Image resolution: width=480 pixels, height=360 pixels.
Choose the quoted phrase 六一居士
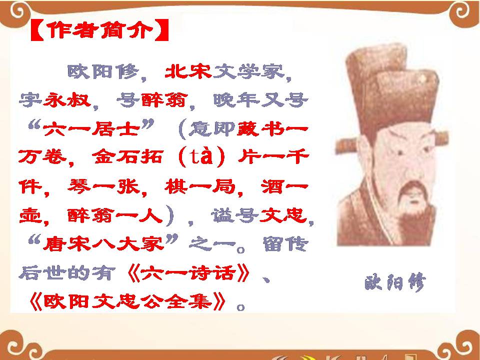(91, 130)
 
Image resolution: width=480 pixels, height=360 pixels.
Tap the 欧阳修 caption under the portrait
(395, 283)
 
